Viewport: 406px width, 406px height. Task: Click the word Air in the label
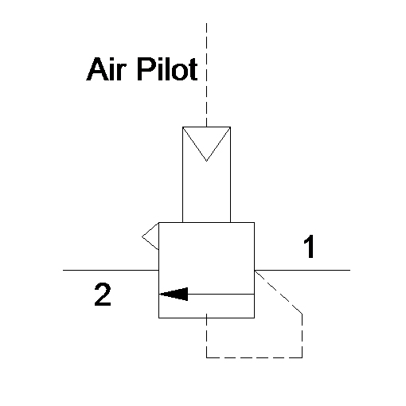(106, 69)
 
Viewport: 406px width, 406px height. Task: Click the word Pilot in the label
(167, 69)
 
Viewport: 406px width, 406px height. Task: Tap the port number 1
(309, 247)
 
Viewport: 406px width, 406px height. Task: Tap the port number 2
(103, 295)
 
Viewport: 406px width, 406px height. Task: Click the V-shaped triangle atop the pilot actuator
(206, 144)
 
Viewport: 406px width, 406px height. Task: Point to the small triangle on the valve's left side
(150, 236)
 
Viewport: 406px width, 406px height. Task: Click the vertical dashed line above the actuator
(206, 75)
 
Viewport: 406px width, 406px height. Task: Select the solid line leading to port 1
(303, 270)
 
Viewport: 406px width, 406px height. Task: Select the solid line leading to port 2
(111, 270)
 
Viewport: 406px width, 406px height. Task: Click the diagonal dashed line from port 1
(279, 292)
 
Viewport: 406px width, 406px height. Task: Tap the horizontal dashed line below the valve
(254, 357)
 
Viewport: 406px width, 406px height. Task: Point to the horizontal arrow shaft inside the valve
(221, 294)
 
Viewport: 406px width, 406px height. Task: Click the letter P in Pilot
(146, 69)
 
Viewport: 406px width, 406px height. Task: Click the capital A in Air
(97, 69)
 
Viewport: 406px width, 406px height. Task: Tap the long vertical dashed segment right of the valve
(302, 336)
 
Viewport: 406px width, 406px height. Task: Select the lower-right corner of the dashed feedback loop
(302, 357)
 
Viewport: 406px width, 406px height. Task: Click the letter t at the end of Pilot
(193, 70)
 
